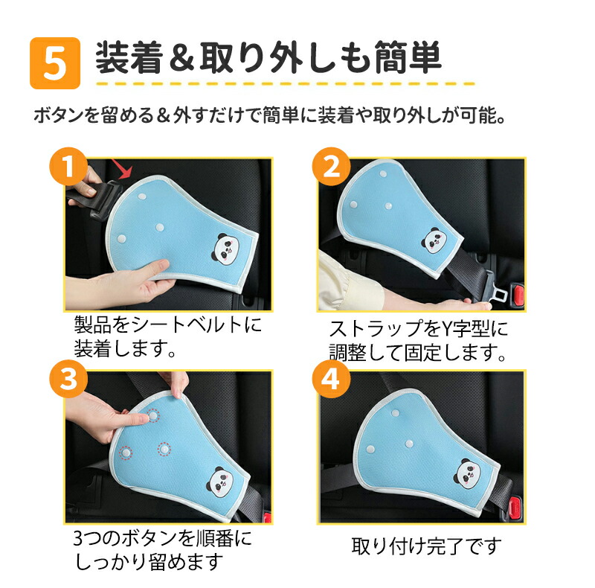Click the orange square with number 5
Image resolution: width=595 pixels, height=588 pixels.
[55, 63]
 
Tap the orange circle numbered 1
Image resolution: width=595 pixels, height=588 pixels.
[68, 167]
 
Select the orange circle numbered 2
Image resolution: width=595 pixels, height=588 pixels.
[331, 167]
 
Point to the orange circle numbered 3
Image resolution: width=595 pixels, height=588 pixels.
[68, 379]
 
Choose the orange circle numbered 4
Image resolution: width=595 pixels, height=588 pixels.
[331, 379]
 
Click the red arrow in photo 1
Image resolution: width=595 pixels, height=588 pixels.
[122, 169]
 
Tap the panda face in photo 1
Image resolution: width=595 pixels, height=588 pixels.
[228, 249]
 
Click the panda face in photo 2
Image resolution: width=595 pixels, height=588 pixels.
[434, 241]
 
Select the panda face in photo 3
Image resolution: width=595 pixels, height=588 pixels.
[220, 482]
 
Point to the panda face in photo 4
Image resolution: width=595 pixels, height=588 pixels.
[468, 473]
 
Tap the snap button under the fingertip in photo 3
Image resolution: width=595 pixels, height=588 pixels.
[153, 416]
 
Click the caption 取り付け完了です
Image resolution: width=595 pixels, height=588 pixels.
[426, 546]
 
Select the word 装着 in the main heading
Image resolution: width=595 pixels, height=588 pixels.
[129, 58]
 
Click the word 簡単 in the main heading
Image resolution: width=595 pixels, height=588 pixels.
[408, 58]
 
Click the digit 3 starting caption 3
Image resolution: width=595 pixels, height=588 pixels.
[79, 538]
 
